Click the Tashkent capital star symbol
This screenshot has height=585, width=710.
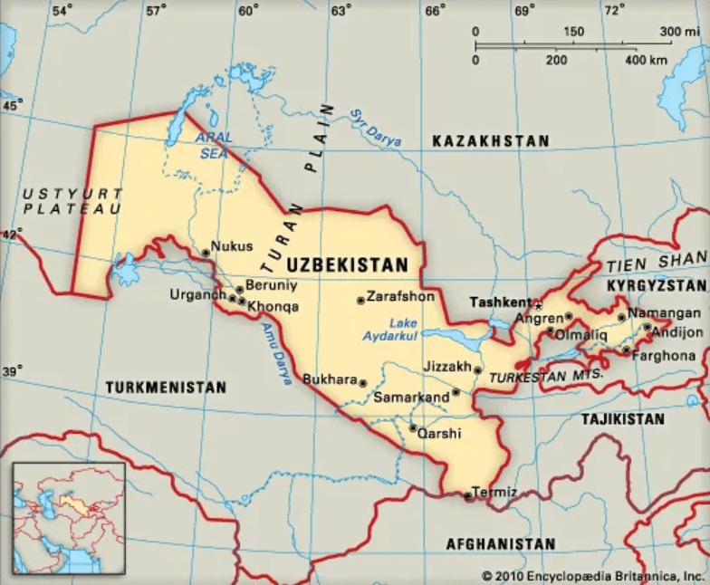[537, 305]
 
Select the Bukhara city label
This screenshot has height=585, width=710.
[330, 379]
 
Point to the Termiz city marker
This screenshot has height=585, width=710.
[467, 495]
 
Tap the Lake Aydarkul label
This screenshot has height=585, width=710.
[415, 329]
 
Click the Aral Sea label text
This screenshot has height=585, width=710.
[215, 146]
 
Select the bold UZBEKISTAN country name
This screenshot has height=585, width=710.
[347, 265]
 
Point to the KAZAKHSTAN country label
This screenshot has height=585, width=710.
[490, 141]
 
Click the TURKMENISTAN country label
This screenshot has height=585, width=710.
[166, 387]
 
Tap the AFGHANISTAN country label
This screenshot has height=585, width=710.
[500, 543]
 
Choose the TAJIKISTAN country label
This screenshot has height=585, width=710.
[622, 419]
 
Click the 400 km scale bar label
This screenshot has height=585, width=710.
[646, 60]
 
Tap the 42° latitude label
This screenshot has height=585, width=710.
[11, 234]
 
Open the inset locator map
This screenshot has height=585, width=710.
[69, 518]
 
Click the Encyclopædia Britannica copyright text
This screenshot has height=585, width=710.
[592, 575]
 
